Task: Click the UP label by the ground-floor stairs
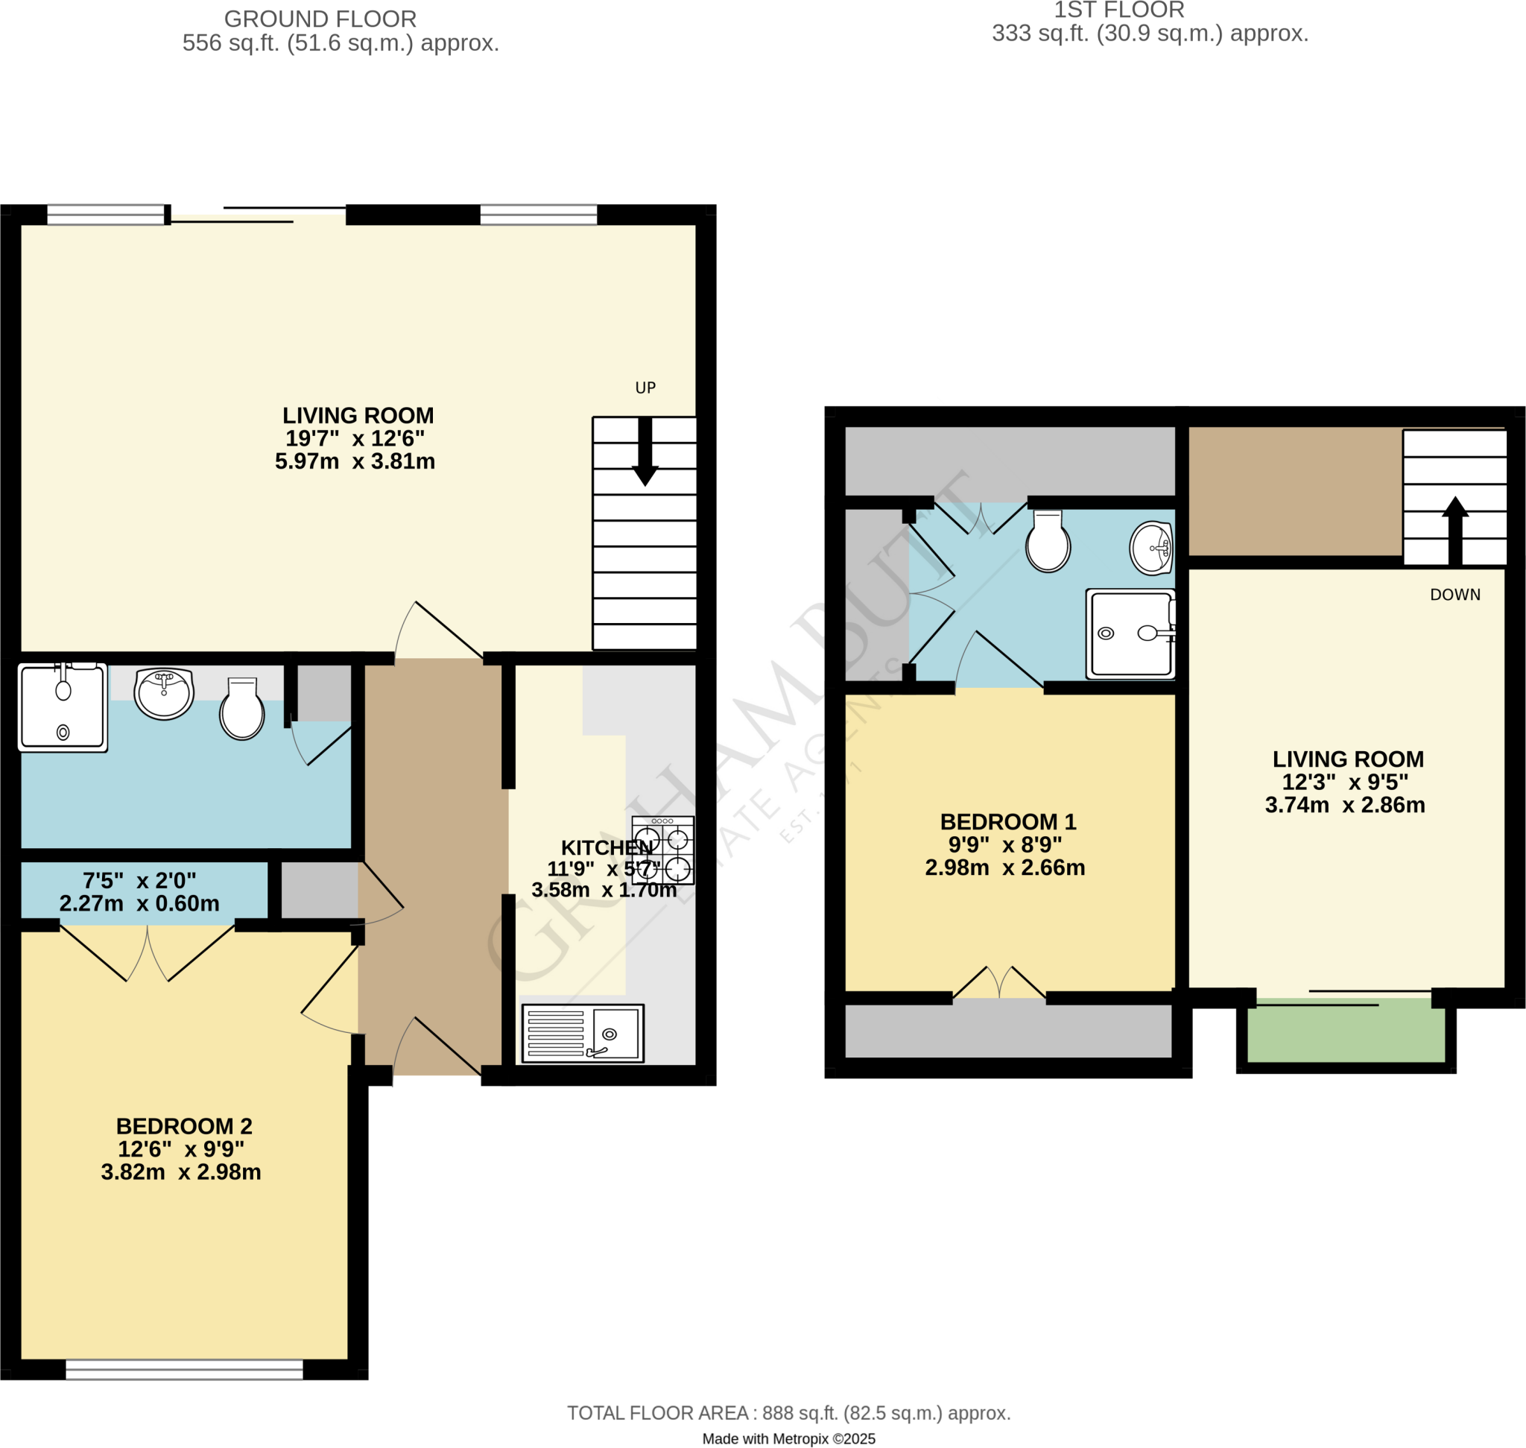[645, 388]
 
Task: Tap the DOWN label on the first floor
[1454, 595]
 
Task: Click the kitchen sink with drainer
[583, 1033]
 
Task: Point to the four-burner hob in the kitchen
[662, 850]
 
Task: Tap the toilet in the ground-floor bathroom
[241, 709]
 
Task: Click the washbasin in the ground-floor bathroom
[164, 692]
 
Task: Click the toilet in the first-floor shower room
[1048, 542]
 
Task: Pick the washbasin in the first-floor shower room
[1151, 548]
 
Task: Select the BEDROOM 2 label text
[184, 1126]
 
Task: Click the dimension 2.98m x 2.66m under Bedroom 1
[1004, 867]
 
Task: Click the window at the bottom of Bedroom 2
[184, 1370]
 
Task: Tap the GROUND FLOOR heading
[320, 19]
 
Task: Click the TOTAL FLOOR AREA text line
[788, 1413]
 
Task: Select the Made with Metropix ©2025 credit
[788, 1439]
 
